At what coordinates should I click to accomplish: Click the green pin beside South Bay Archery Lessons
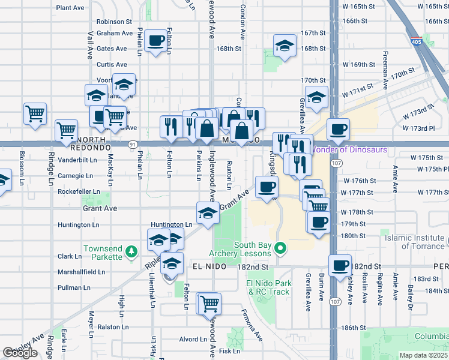coord(279,247)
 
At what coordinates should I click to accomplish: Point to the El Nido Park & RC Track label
coord(268,287)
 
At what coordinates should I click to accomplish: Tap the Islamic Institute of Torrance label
coord(415,242)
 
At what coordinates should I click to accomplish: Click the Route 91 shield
coord(133,144)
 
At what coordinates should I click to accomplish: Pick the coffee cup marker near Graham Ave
coord(156,41)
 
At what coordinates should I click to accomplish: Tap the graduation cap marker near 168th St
coord(285,45)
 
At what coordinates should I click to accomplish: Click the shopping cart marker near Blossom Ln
coord(35,113)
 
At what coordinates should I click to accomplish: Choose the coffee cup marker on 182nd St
coord(340,265)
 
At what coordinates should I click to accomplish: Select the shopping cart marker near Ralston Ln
coord(209,303)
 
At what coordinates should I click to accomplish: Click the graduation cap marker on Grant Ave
coord(208,213)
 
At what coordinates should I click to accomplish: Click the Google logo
coord(20,353)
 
